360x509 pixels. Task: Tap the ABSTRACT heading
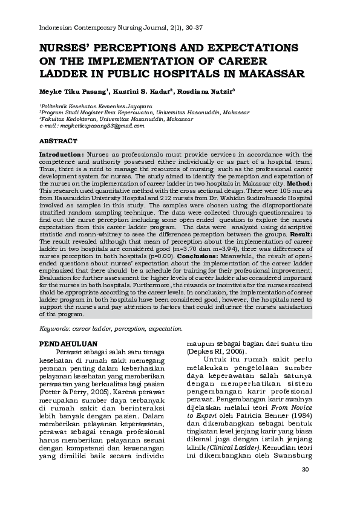57,141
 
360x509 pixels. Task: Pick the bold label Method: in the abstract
299,183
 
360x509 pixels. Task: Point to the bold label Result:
301,233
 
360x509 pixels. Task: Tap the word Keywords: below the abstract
54,329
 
